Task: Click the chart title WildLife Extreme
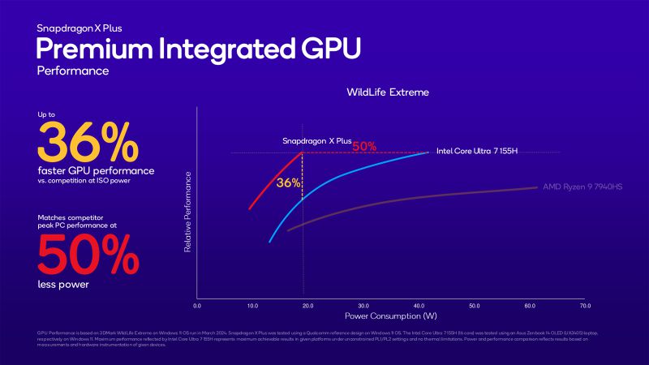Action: [387, 92]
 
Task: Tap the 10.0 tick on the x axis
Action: [252, 307]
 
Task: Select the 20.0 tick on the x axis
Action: [307, 307]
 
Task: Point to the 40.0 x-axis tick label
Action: [419, 307]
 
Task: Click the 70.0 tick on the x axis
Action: [584, 307]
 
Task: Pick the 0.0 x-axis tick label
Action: [197, 307]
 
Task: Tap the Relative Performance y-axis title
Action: [187, 211]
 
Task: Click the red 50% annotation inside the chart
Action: [363, 147]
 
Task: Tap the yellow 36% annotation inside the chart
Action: [287, 183]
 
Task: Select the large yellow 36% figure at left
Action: [87, 144]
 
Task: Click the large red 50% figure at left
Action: [87, 256]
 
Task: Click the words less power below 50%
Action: [62, 284]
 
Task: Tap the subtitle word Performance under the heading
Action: [72, 71]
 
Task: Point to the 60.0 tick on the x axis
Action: [530, 307]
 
